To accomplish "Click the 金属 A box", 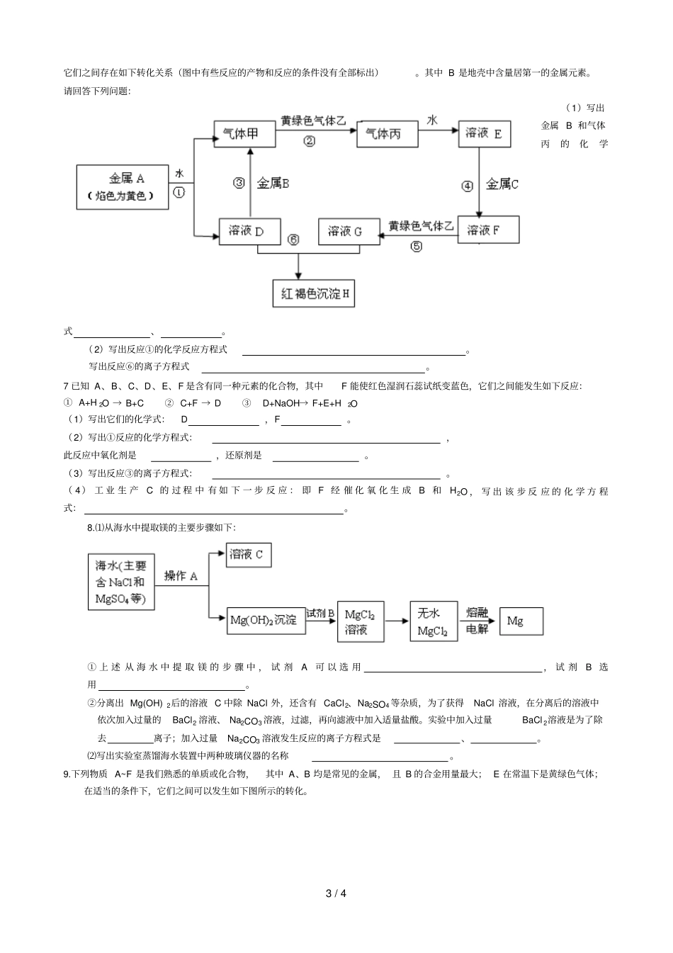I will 123,187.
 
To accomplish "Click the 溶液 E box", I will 484,133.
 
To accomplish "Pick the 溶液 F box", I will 488,230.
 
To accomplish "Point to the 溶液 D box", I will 250,231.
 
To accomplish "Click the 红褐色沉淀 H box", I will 313,293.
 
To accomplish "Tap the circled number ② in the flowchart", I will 310,140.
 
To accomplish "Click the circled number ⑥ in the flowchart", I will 294,239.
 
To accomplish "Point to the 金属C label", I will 502,184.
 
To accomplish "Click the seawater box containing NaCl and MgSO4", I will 121,582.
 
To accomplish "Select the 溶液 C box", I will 249,554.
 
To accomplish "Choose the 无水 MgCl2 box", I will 434,621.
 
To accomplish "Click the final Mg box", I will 521,621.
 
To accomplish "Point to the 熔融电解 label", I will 477,620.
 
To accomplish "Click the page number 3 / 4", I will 336,893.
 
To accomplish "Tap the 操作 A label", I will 181,575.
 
